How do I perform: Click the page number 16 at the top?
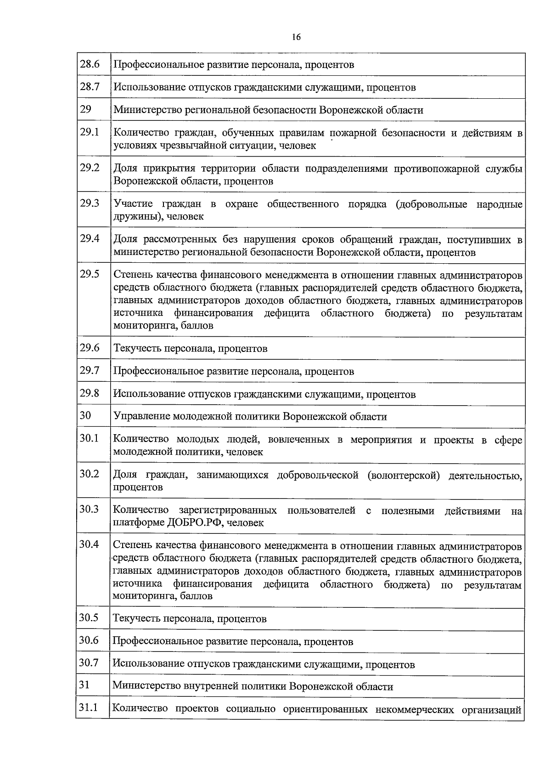(296, 38)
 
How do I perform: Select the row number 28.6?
(90, 64)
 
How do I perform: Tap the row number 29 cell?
(85, 109)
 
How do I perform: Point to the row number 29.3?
(90, 203)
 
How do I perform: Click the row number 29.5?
(90, 274)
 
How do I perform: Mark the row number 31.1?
(88, 708)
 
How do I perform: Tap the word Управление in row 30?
(141, 417)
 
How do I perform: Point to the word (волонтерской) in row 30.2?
(403, 475)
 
